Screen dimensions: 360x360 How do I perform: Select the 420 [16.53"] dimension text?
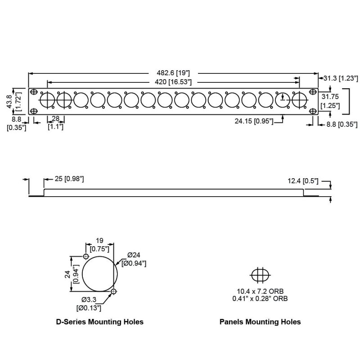pyautogui.click(x=174, y=82)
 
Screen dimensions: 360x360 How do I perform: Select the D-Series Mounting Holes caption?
pyautogui.click(x=99, y=322)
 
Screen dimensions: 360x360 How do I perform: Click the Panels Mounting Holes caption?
pyautogui.click(x=260, y=322)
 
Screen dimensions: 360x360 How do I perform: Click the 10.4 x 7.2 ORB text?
pyautogui.click(x=260, y=291)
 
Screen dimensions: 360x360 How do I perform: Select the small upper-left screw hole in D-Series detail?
pyautogui.click(x=86, y=256)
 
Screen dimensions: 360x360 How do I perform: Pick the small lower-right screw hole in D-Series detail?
pyautogui.click(x=114, y=291)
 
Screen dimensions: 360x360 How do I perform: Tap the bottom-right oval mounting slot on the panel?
pyautogui.click(x=312, y=111)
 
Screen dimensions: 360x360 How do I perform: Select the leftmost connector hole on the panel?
pyautogui.click(x=47, y=99)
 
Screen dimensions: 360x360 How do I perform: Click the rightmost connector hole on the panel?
pyautogui.click(x=299, y=99)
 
